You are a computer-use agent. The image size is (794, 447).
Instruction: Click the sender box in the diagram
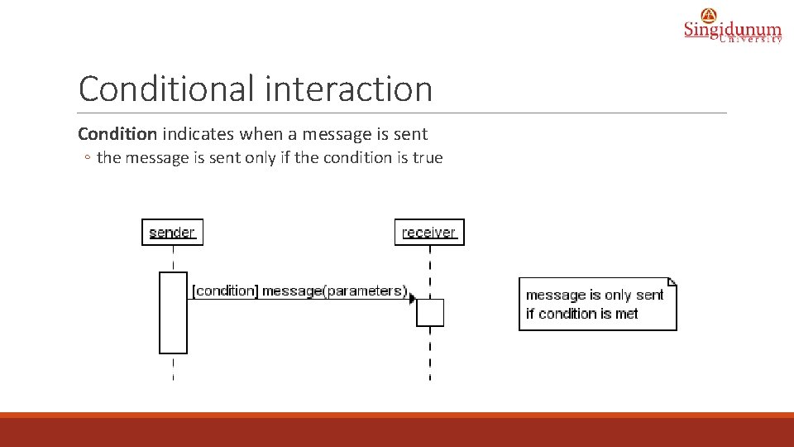(172, 233)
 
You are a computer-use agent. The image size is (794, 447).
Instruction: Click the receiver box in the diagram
(429, 233)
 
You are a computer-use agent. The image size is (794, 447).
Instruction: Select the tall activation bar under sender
(173, 313)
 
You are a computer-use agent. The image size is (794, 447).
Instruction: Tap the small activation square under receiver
(430, 313)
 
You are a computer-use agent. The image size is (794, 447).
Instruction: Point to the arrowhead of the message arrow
(412, 299)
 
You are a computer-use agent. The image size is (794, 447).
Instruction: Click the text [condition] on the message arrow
(224, 291)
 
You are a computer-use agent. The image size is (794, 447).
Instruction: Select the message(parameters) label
(334, 291)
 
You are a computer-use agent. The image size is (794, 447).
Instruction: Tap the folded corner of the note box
(672, 281)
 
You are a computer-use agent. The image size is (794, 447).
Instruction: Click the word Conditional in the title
(164, 89)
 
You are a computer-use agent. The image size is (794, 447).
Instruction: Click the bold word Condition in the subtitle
(117, 134)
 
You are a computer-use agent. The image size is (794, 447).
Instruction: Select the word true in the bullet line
(428, 157)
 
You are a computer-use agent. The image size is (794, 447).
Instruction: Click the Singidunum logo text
(732, 30)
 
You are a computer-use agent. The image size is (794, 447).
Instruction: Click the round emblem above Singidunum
(709, 14)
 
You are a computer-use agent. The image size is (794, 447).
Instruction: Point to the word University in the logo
(750, 39)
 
